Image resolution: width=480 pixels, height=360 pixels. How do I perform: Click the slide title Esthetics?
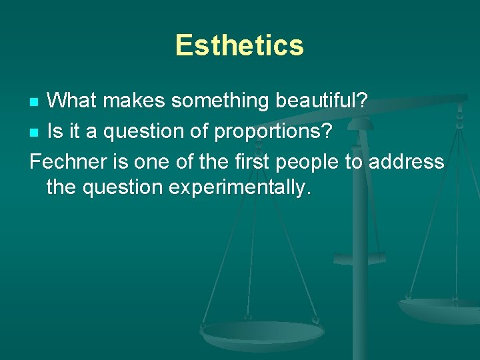click(x=239, y=45)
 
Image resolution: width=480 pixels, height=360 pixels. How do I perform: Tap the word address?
click(x=414, y=161)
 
